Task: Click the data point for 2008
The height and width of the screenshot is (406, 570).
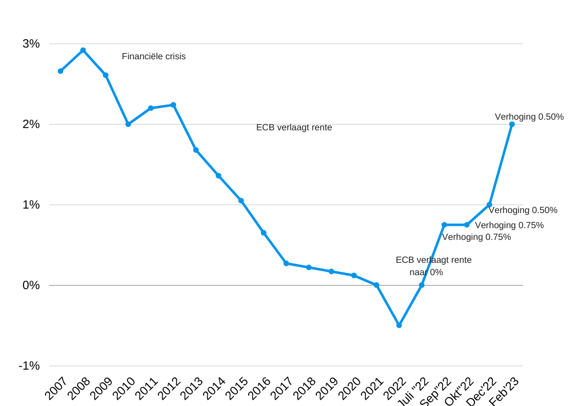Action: tap(83, 50)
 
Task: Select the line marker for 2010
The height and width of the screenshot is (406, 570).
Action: tap(128, 124)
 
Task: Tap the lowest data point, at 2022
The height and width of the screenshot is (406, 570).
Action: tap(399, 325)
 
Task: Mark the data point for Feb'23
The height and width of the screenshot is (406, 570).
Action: tap(512, 124)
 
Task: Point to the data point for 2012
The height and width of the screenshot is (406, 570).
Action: tap(173, 105)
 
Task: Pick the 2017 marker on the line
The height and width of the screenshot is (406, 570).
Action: tap(286, 263)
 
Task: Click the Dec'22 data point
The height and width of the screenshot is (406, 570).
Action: tap(489, 205)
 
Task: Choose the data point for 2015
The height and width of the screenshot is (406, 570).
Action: tap(241, 200)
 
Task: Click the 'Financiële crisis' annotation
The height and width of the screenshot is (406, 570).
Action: tap(154, 56)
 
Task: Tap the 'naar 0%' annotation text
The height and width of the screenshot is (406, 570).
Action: tap(426, 272)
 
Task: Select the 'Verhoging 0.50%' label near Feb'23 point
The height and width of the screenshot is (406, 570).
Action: tap(529, 117)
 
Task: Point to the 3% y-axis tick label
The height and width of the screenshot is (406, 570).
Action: tap(31, 44)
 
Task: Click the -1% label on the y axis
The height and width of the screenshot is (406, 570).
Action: tap(29, 366)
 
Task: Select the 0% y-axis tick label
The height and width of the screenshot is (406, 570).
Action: tap(31, 285)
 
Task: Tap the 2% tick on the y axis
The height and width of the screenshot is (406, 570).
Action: tap(31, 124)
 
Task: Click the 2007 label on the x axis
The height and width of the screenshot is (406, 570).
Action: tap(56, 388)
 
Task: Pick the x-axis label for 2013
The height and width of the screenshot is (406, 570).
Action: tap(191, 388)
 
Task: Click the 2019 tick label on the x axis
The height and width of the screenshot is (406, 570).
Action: tap(326, 388)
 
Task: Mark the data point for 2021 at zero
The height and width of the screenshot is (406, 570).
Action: tap(377, 285)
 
